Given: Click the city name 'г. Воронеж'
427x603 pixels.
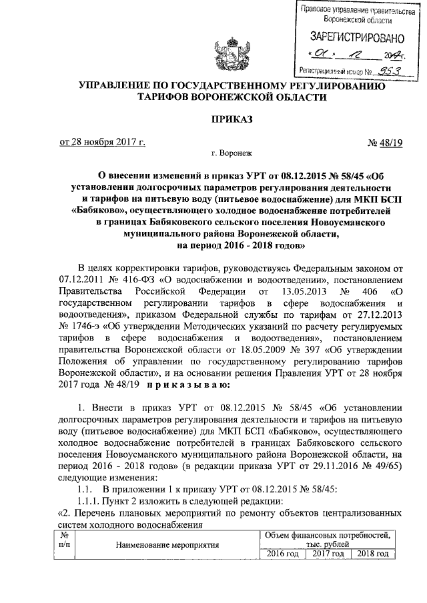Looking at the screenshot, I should pyautogui.click(x=230, y=154).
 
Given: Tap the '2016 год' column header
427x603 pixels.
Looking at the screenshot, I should pyautogui.click(x=281, y=554).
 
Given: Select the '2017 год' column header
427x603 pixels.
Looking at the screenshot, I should pyautogui.click(x=328, y=554).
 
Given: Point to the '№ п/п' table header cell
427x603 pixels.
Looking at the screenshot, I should pyautogui.click(x=65, y=540).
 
